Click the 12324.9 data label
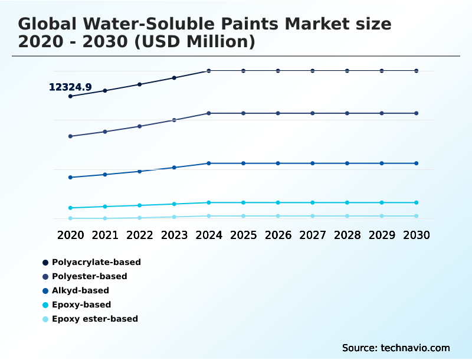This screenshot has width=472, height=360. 70,87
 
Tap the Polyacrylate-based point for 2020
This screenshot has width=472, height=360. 70,96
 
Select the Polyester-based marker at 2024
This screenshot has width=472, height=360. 209,113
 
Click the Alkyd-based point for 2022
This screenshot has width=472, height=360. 140,171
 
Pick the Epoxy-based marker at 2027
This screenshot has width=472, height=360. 313,202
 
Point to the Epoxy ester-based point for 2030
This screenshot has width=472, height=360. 417,216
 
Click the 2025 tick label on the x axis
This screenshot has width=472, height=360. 243,235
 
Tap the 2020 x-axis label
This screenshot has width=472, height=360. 70,235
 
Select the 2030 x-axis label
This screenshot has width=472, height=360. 417,235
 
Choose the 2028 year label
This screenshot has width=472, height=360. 347,235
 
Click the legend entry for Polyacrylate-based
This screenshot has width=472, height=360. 96,262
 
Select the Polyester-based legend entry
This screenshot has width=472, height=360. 89,276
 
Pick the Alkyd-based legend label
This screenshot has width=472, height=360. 80,290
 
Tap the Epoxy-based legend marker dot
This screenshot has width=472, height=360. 45,305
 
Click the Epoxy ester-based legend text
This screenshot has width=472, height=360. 94,319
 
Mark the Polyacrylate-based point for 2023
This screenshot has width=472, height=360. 174,78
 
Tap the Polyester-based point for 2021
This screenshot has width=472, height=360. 105,132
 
